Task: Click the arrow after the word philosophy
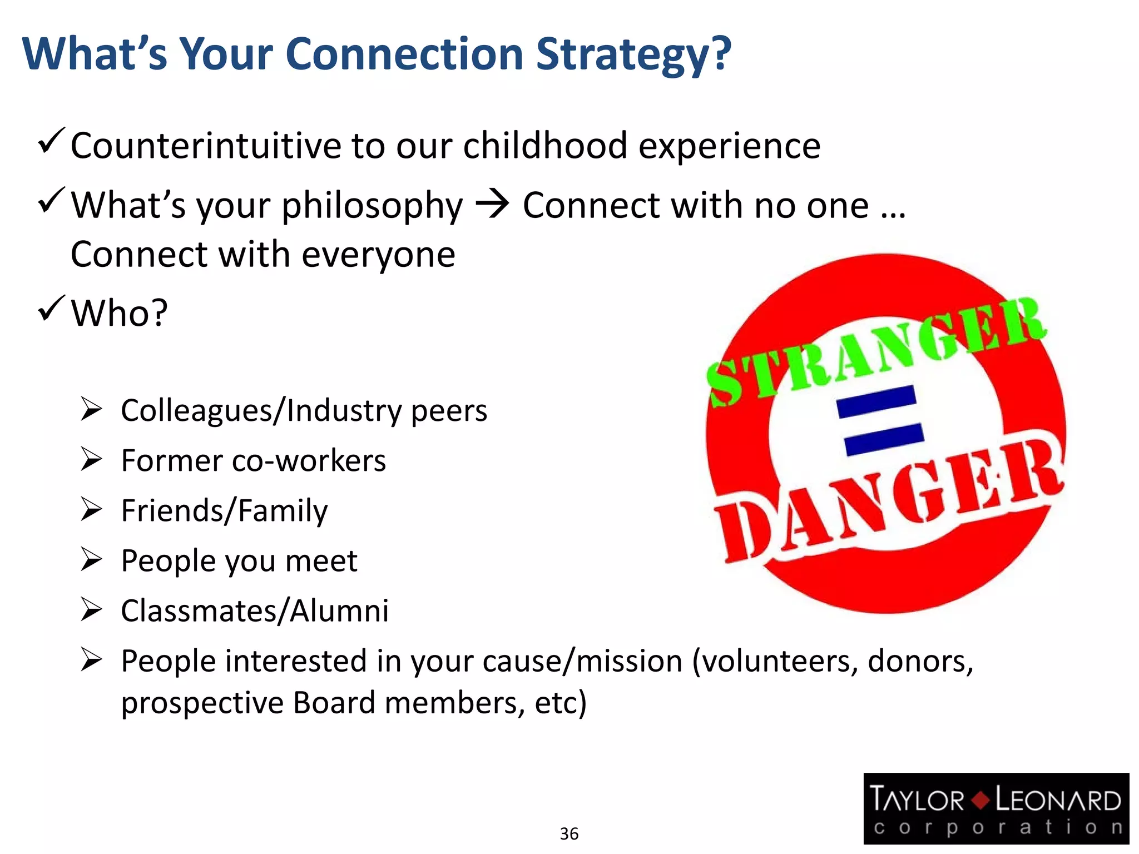(x=492, y=205)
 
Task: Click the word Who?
(x=119, y=313)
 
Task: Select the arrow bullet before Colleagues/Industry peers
(x=91, y=409)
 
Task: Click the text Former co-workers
(x=253, y=461)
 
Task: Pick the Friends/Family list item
(x=224, y=511)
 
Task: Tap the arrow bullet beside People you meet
(x=91, y=559)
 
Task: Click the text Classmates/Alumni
(x=255, y=611)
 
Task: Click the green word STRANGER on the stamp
(x=876, y=350)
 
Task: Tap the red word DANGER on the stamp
(x=890, y=500)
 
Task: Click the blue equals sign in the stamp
(x=880, y=420)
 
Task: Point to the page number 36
(x=569, y=833)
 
